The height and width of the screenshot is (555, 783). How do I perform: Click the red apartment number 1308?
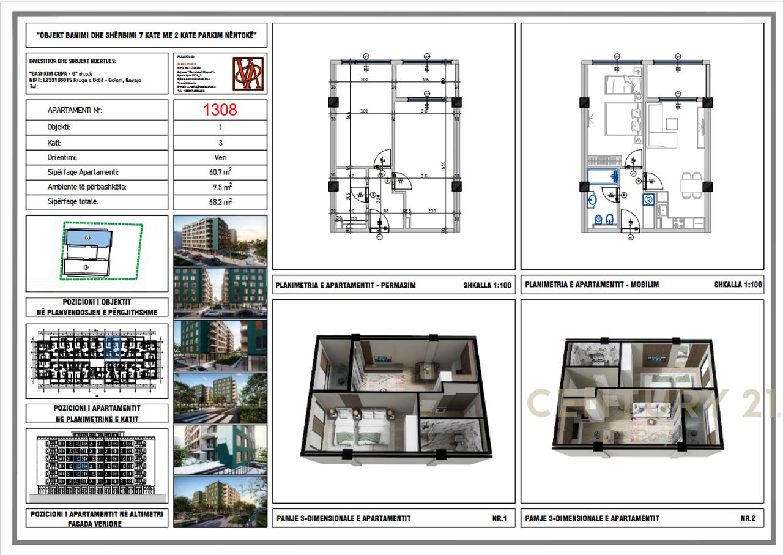coord(220,110)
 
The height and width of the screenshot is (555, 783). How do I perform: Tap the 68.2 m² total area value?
coord(220,201)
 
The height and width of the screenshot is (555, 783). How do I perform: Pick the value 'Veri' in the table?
coord(220,157)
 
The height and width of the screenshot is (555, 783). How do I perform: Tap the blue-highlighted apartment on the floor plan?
coord(112,347)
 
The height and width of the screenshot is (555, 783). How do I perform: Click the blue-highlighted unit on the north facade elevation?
coord(81,466)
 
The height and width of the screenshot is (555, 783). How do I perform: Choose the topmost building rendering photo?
coord(220,240)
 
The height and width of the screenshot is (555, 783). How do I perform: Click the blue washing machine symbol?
coord(648,199)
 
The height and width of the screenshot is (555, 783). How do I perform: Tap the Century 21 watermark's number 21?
coord(759,404)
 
